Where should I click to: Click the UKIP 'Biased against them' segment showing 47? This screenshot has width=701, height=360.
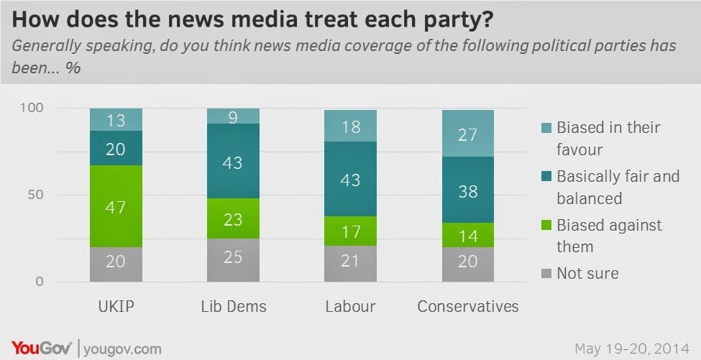point(116,207)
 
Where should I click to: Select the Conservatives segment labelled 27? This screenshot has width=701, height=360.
point(468,134)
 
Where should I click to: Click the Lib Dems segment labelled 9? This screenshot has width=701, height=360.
point(233,116)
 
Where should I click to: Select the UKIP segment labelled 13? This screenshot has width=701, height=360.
point(116,120)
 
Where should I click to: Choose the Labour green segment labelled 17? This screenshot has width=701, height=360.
point(351,231)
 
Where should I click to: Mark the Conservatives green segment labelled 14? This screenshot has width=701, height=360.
point(468,235)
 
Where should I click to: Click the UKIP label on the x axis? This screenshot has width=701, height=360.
point(116,307)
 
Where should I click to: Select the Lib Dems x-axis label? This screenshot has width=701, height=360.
point(233,307)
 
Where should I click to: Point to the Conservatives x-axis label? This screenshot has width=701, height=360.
point(468,307)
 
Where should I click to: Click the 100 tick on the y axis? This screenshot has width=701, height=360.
point(36,108)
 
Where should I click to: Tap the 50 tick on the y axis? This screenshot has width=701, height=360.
point(39,195)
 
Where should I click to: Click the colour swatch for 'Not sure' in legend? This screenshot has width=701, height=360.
point(546,273)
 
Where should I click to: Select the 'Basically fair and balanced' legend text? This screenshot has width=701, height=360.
point(618,187)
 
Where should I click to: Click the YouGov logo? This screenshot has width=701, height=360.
point(40,348)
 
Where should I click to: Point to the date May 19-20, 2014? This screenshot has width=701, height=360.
point(632,349)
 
